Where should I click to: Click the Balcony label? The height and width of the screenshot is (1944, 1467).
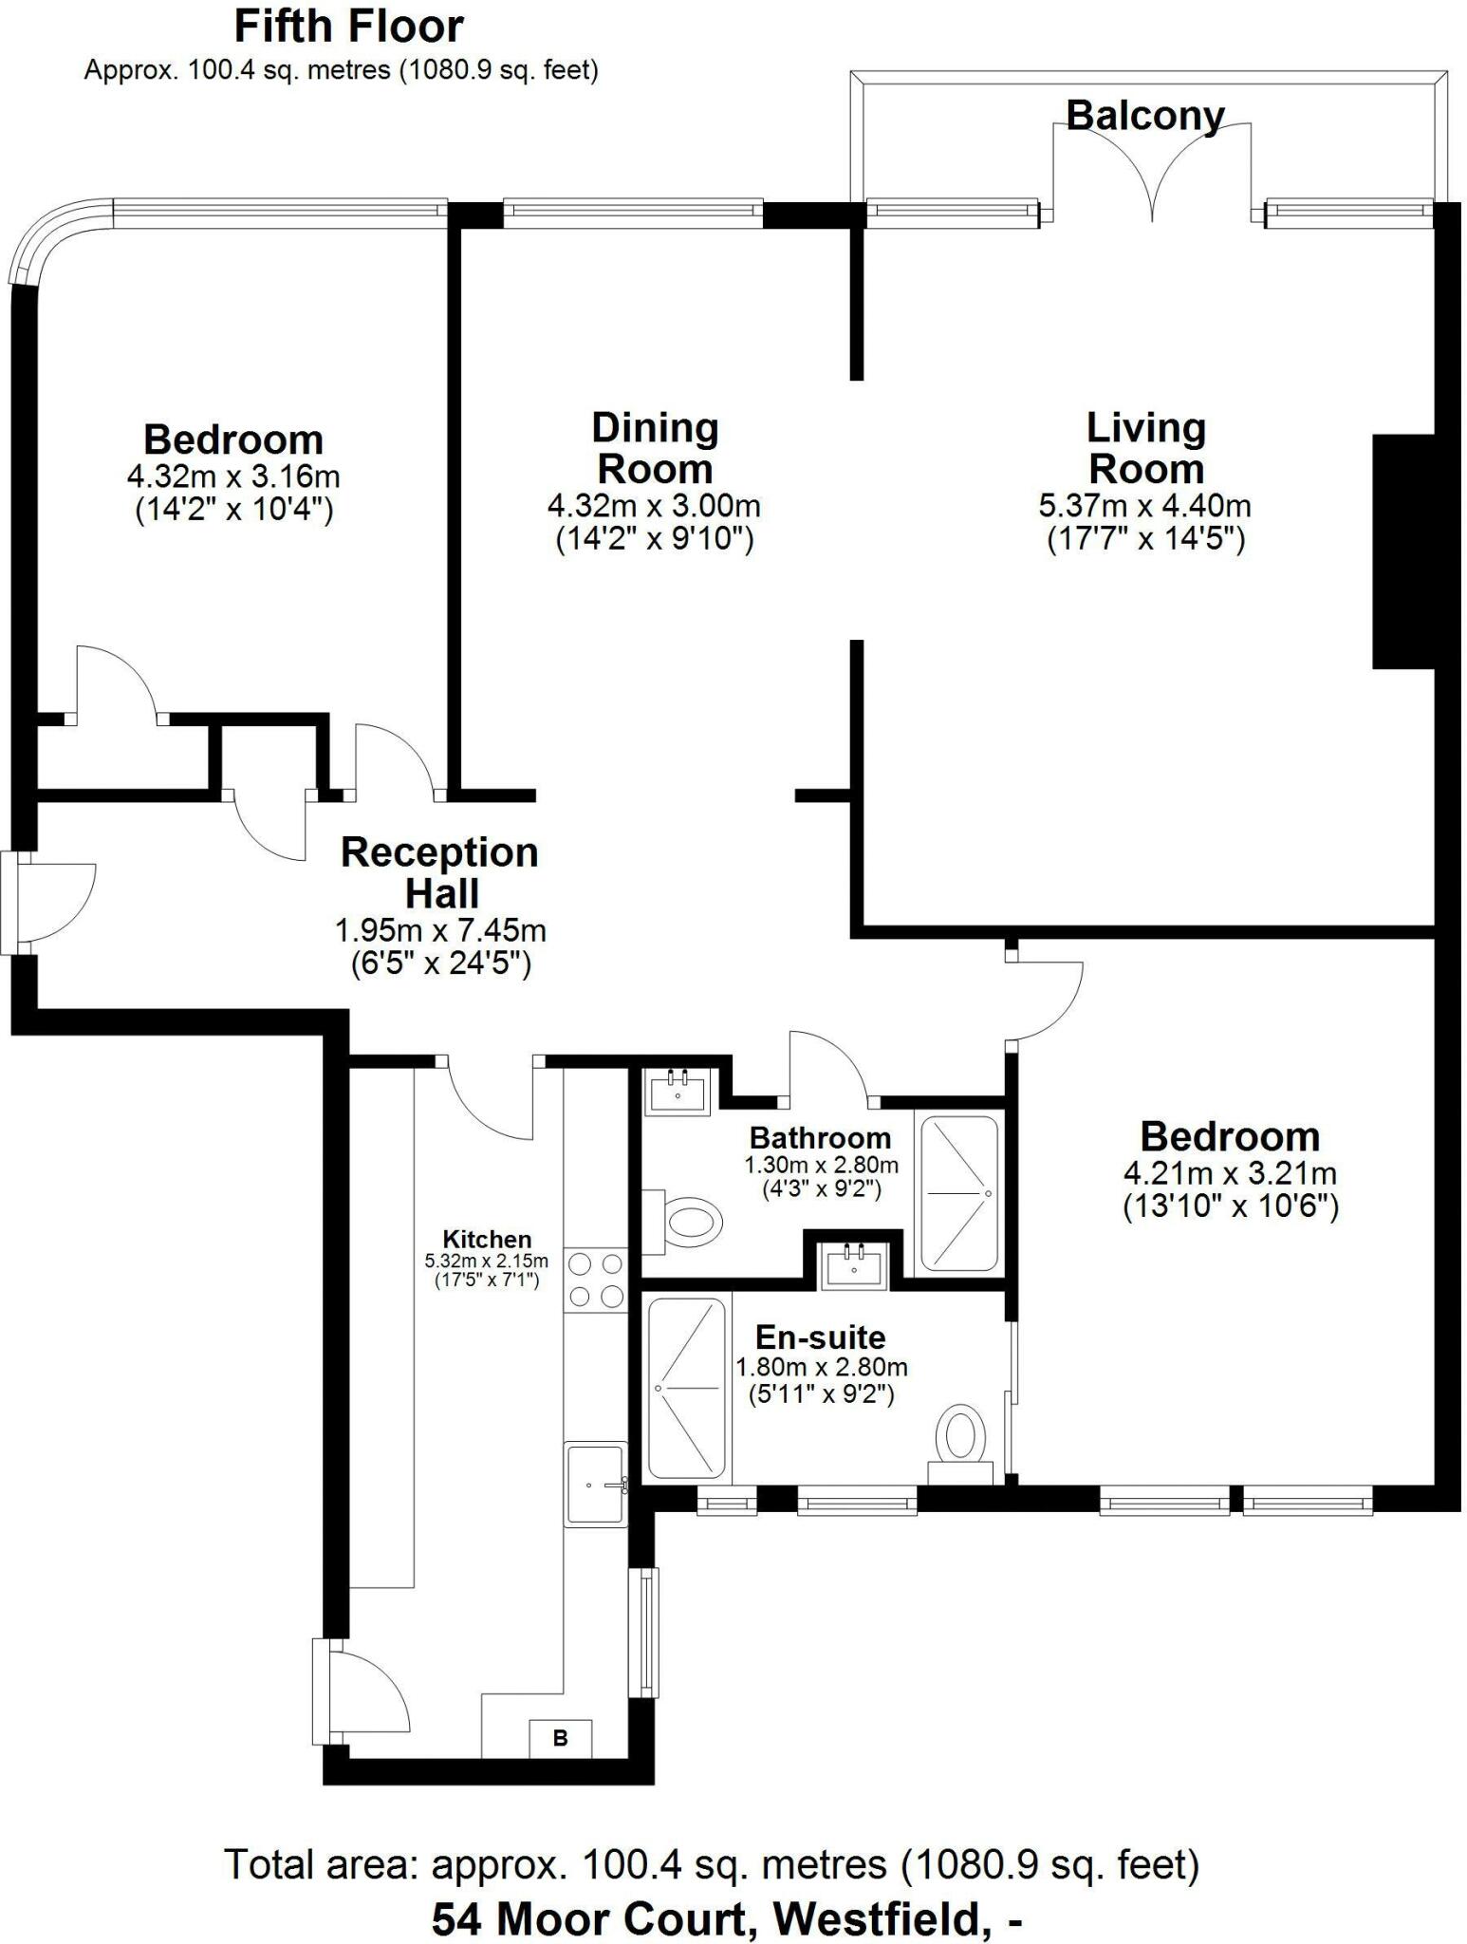click(1144, 116)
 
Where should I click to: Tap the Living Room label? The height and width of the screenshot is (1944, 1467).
click(1145, 448)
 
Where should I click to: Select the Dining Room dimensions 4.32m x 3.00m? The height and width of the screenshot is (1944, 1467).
click(654, 506)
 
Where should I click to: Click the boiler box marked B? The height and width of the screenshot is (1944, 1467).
click(560, 1738)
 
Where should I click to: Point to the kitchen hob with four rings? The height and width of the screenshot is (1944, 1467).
click(596, 1280)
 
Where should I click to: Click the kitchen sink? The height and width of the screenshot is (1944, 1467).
click(596, 1484)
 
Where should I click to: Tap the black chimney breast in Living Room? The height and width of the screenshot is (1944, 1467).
click(1403, 551)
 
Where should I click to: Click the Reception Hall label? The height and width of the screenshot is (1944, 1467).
click(439, 872)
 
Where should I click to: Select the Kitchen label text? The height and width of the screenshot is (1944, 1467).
click(487, 1239)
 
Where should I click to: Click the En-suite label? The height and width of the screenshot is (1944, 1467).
click(820, 1337)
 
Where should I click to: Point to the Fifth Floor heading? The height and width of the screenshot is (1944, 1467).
click(348, 27)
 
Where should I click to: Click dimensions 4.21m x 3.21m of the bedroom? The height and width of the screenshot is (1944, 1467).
click(1230, 1173)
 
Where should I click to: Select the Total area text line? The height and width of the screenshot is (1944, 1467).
click(712, 1865)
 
